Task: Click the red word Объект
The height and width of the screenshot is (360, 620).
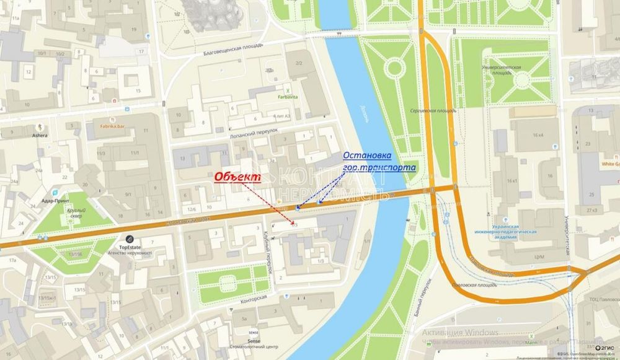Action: pyautogui.click(x=237, y=177)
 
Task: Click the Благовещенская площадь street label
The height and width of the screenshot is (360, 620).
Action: pyautogui.click(x=233, y=49)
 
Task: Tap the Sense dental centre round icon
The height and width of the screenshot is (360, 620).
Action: pyautogui.click(x=253, y=332)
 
